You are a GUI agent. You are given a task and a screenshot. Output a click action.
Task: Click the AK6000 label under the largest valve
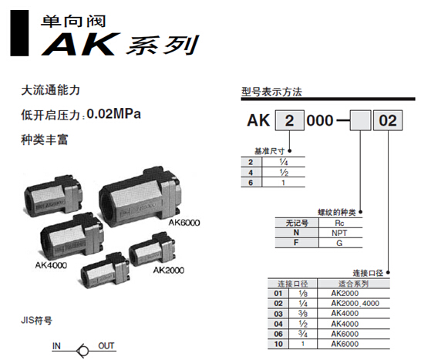click(x=184, y=223)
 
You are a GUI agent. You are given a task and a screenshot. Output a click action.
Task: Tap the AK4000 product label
click(x=51, y=265)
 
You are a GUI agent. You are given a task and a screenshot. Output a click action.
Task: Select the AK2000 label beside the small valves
click(x=169, y=270)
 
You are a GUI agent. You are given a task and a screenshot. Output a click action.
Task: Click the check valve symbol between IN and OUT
click(x=83, y=350)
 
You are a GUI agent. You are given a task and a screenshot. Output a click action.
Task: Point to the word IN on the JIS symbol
click(x=56, y=346)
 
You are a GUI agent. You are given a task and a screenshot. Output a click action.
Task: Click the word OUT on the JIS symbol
click(x=106, y=346)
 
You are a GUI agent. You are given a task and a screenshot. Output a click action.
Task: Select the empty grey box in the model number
click(x=361, y=120)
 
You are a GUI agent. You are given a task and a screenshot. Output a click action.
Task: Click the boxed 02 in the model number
click(x=388, y=120)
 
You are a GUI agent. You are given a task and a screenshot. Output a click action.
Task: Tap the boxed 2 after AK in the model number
click(x=289, y=120)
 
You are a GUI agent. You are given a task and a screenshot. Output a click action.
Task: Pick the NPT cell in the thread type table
click(x=339, y=233)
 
